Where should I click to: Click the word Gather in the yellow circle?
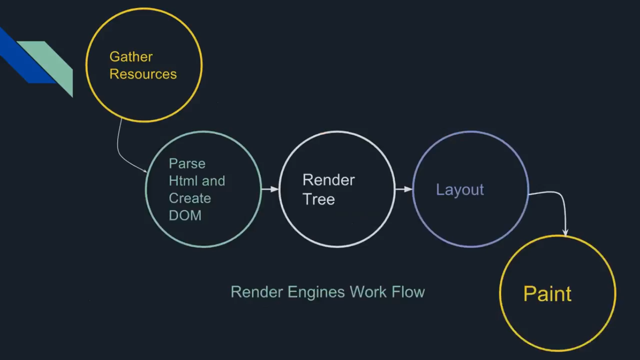(131, 57)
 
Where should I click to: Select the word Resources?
(143, 74)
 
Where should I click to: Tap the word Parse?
(187, 164)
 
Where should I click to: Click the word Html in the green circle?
(182, 181)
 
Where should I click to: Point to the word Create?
(190, 198)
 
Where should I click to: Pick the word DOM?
(185, 216)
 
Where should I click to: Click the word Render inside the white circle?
(328, 180)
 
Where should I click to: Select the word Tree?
(319, 199)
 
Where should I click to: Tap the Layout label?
(460, 190)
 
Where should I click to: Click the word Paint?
(547, 294)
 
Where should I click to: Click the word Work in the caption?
(368, 292)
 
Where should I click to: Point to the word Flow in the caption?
(408, 292)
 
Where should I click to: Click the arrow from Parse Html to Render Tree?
(269, 189)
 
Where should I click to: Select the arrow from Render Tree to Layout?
(403, 189)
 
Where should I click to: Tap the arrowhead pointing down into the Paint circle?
(565, 232)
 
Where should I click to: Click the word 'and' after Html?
(214, 181)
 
